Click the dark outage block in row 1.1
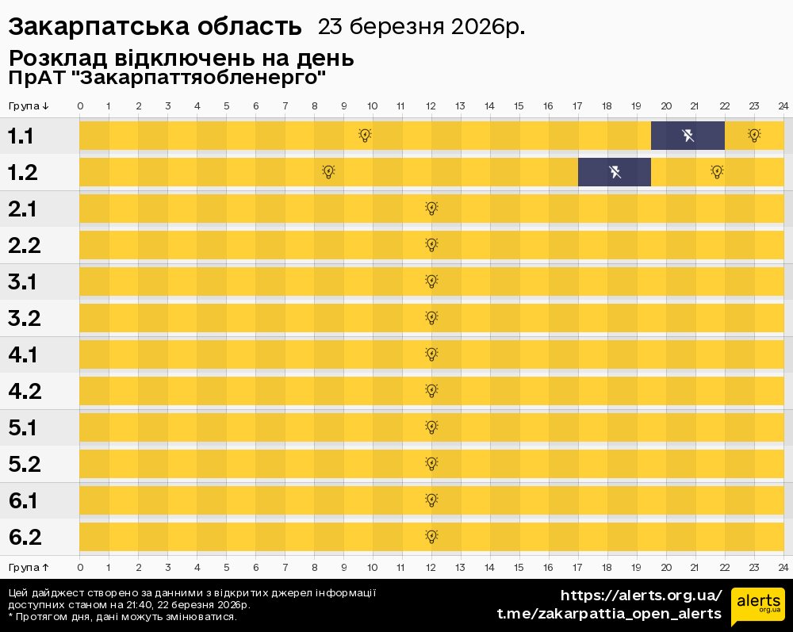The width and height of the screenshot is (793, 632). [688, 136]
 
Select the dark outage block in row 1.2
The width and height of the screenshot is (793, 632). [615, 172]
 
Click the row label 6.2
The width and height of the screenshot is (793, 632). [25, 538]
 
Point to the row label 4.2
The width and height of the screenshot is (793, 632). [25, 392]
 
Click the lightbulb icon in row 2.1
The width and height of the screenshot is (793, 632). [431, 209]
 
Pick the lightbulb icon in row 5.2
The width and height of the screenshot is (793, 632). [431, 464]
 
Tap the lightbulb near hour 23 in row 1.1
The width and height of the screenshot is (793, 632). [754, 136]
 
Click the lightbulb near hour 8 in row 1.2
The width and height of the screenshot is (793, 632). [328, 172]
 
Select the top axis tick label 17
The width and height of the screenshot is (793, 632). [577, 106]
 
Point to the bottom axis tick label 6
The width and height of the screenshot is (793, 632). [255, 568]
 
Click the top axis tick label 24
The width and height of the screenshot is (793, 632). [783, 106]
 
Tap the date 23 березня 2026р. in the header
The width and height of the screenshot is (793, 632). [421, 27]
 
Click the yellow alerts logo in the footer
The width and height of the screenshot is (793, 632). [757, 607]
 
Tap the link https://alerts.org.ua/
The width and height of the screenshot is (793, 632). [642, 595]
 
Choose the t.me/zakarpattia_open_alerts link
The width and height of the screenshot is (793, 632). [609, 614]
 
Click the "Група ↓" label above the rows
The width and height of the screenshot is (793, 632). [29, 106]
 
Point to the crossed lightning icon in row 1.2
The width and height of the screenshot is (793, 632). [615, 172]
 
